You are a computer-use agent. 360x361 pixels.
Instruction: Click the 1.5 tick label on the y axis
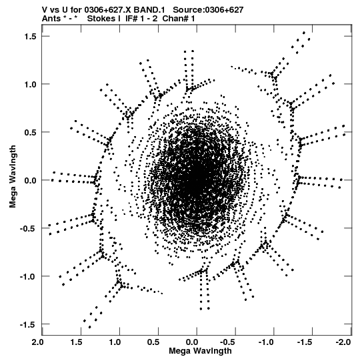pyautogui.click(x=31, y=37)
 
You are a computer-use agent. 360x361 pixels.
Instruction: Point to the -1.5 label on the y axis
pyautogui.click(x=28, y=324)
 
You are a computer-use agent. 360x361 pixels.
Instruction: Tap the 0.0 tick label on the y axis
pyautogui.click(x=31, y=180)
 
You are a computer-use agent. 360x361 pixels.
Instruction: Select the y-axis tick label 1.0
pyautogui.click(x=31, y=85)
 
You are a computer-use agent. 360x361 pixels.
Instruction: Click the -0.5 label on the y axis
pyautogui.click(x=28, y=229)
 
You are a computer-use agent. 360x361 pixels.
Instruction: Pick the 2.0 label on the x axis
pyautogui.click(x=37, y=342)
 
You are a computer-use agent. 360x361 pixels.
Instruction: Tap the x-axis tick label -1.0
pyautogui.click(x=266, y=342)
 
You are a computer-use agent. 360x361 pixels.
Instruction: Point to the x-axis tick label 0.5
pyautogui.click(x=153, y=342)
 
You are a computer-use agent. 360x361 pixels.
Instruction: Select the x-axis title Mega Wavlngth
pyautogui.click(x=200, y=351)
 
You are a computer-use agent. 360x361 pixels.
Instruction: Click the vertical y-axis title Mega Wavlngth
pyautogui.click(x=13, y=177)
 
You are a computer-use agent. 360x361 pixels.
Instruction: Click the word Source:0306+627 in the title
pyautogui.click(x=208, y=10)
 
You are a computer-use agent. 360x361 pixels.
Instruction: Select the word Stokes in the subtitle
pyautogui.click(x=101, y=19)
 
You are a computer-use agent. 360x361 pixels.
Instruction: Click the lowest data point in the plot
pyautogui.click(x=89, y=327)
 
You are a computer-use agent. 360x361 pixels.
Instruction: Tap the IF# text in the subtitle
pyautogui.click(x=131, y=19)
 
